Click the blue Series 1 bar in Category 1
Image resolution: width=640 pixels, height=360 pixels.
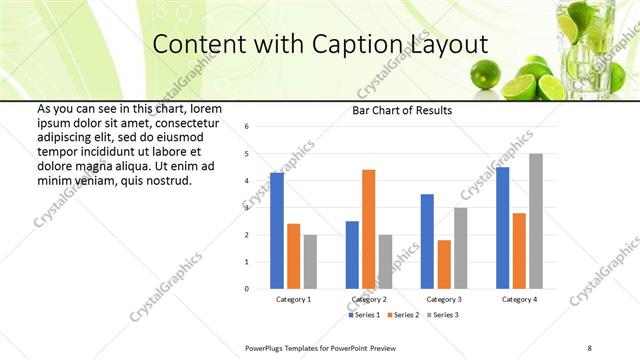tap(277, 231)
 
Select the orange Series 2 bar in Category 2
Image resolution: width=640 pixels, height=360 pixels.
tap(369, 229)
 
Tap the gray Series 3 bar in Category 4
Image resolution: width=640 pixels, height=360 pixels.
tap(536, 221)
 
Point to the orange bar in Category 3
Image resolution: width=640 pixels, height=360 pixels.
tap(444, 264)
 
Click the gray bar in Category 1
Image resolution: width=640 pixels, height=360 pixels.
tap(311, 262)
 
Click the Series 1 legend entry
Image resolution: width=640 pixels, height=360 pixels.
tap(365, 315)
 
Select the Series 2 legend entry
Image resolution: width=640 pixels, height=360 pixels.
tap(403, 315)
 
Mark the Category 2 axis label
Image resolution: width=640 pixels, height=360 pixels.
tap(369, 299)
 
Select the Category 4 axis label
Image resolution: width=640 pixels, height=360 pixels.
tap(519, 299)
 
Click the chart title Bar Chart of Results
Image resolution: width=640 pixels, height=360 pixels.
tap(401, 110)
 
